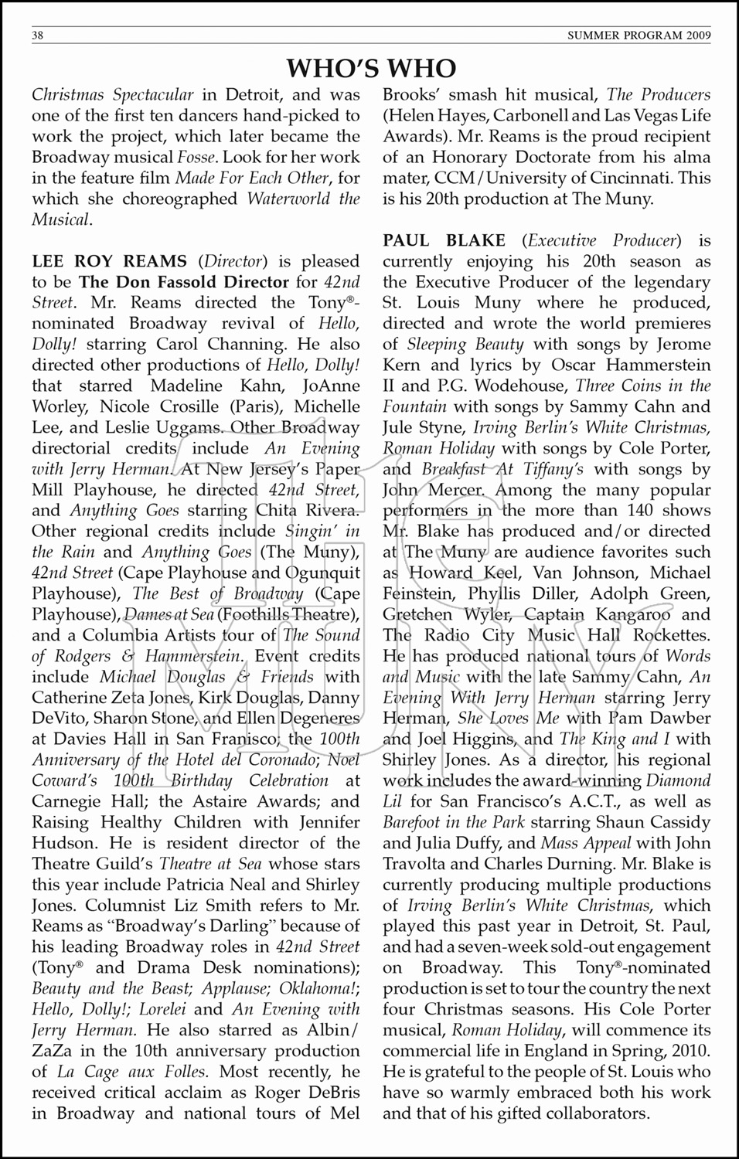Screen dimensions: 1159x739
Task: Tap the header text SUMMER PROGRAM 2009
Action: pyautogui.click(x=639, y=36)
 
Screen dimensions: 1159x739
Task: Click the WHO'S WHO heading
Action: pyautogui.click(x=371, y=68)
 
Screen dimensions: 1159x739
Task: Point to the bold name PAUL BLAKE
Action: pyautogui.click(x=444, y=240)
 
